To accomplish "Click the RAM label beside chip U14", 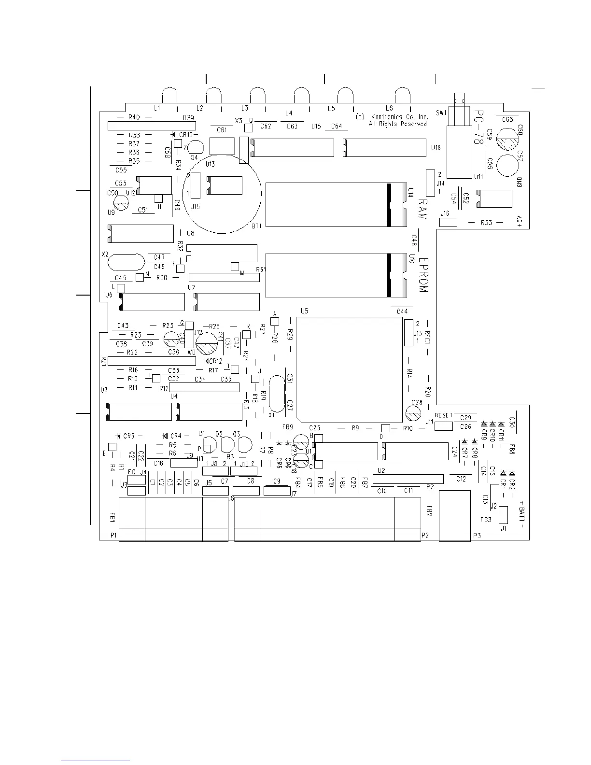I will (423, 209).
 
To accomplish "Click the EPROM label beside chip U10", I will (423, 275).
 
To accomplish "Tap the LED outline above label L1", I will (169, 94).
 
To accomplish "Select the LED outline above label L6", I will (403, 94).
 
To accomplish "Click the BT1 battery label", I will (256, 226).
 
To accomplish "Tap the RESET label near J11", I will (443, 415).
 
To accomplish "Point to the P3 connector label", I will (477, 536).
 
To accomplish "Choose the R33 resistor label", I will (486, 223).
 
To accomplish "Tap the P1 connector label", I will (113, 535).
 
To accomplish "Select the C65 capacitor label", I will (507, 119).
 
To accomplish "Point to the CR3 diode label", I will (128, 436).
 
